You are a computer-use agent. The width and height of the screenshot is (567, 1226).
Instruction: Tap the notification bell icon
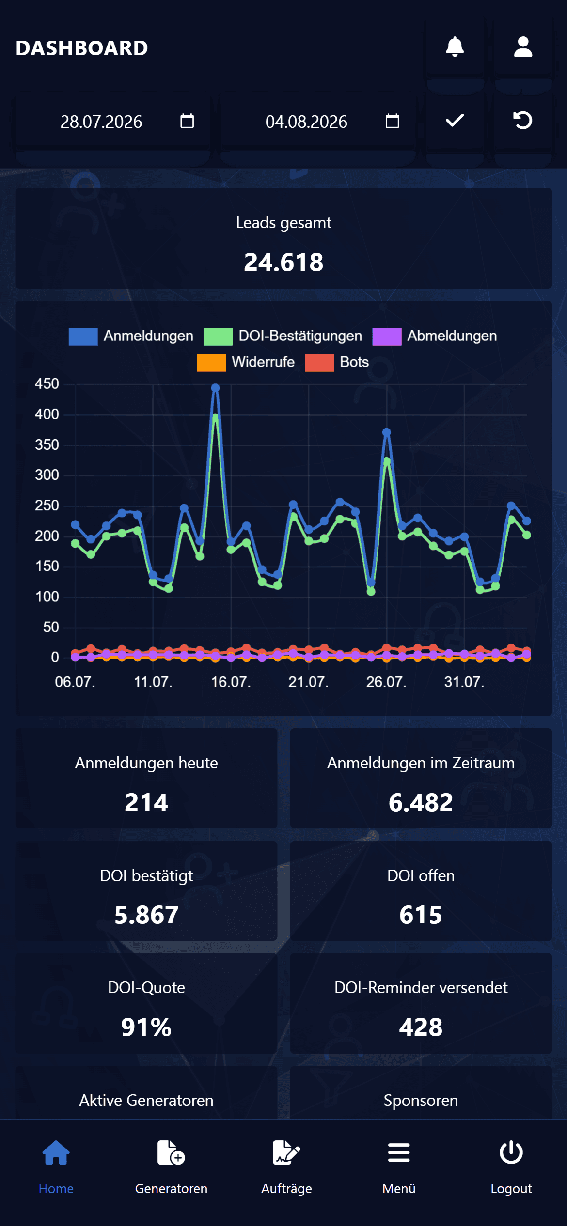455,47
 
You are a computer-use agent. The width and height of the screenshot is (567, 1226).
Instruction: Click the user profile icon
523,47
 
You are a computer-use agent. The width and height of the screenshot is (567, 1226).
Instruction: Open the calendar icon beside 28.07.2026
187,121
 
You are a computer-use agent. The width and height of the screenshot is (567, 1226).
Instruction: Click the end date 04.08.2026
306,122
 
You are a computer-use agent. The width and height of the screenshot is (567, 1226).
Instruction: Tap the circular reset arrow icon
522,120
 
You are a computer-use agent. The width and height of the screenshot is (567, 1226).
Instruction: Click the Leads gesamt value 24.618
283,262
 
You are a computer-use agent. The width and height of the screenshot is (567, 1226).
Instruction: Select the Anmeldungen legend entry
131,336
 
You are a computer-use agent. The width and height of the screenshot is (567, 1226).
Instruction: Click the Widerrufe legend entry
246,362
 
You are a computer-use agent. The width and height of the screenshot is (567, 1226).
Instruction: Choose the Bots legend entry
337,362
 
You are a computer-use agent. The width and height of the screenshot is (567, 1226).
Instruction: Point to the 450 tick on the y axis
47,384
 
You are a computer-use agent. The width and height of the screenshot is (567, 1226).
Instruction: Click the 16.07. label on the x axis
231,682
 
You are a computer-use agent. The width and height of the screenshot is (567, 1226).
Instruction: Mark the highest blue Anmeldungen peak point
216,388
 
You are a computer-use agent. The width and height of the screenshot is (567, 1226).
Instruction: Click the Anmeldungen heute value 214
146,802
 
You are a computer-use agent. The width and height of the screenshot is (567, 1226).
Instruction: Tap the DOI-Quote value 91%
146,1027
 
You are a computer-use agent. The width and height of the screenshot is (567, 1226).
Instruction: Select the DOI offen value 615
421,915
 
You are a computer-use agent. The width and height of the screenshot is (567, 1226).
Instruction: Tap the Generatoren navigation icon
171,1152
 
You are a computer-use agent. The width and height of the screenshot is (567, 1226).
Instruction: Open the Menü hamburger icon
399,1152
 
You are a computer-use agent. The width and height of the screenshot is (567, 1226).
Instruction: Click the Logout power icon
511,1152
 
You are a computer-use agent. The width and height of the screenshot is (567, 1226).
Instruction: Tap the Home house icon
56,1152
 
